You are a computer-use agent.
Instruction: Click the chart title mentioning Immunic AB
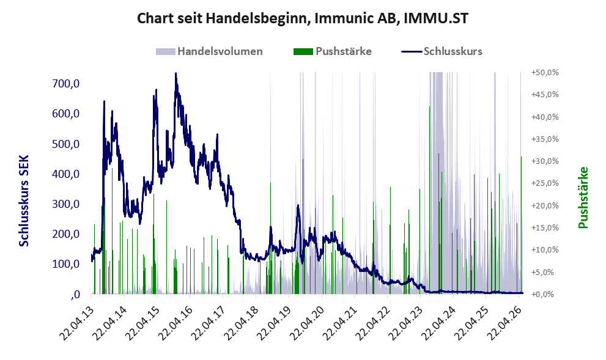tap(303, 18)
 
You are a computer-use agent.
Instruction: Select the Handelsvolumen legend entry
tap(209, 51)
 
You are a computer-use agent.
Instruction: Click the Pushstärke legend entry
tap(333, 51)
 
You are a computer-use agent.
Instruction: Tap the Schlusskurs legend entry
tap(442, 51)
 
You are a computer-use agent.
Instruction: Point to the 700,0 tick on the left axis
tap(65, 83)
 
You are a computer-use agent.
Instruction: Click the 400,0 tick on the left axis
tap(65, 174)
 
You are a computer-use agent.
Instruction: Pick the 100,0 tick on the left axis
tap(65, 264)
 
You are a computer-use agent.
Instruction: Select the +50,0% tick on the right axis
tap(545, 73)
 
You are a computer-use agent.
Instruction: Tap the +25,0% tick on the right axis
tap(545, 183)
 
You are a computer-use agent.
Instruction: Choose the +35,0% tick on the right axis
tap(545, 139)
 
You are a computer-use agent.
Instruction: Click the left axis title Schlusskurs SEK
tap(24, 201)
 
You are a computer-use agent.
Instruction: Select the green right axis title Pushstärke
tap(583, 197)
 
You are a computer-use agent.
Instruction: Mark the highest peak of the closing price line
tap(176, 73)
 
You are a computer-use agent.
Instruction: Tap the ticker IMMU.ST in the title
tap(436, 18)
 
